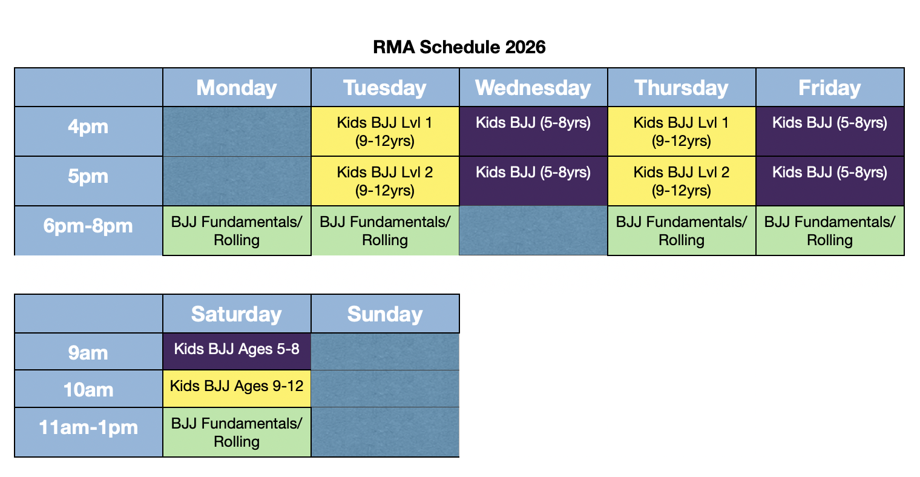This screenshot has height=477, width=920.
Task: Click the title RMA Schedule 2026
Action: click(x=459, y=47)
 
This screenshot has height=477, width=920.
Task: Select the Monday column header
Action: click(x=237, y=88)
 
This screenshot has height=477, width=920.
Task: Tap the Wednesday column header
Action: click(x=533, y=88)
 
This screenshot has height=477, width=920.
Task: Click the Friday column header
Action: click(x=830, y=88)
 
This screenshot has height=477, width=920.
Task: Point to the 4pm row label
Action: click(x=88, y=127)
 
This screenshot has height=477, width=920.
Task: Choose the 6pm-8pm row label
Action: click(x=88, y=226)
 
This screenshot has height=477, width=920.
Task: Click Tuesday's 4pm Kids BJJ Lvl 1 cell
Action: click(x=385, y=131)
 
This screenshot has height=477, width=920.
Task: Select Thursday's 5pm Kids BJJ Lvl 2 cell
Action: click(x=682, y=181)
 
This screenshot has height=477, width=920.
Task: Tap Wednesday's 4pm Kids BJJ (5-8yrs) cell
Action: click(x=533, y=131)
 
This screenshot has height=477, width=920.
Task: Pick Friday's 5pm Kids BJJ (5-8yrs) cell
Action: click(x=830, y=181)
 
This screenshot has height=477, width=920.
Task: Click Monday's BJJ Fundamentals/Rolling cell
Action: click(x=237, y=231)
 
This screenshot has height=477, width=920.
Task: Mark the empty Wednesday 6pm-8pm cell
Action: click(x=533, y=231)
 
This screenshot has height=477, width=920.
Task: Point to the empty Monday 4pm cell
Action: click(x=237, y=131)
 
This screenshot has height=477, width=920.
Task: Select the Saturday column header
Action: click(x=237, y=314)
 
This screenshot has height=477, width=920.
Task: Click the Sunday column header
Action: click(x=385, y=314)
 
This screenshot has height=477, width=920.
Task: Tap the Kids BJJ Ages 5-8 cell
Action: click(x=237, y=351)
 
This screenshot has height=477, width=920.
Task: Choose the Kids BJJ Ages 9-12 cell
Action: click(x=237, y=388)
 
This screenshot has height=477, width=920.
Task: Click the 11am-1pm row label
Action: click(x=88, y=428)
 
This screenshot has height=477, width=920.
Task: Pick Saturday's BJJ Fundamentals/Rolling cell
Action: click(x=237, y=432)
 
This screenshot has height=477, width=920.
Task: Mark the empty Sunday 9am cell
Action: click(x=385, y=351)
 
